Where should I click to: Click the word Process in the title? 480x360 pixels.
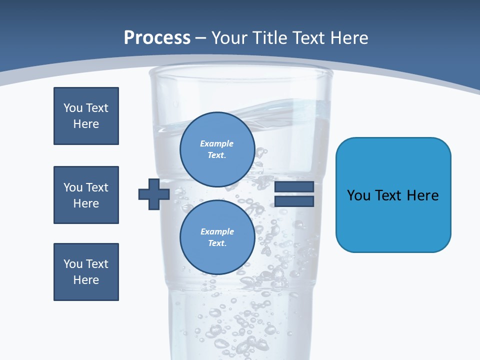click(x=157, y=38)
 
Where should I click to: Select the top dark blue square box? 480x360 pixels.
click(x=86, y=116)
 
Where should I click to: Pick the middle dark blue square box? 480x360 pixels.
click(x=86, y=195)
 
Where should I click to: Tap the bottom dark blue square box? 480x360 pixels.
click(x=86, y=272)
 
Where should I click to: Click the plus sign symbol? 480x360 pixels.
click(x=154, y=194)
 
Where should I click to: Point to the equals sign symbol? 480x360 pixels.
click(x=294, y=194)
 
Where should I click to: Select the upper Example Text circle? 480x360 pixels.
click(x=216, y=146)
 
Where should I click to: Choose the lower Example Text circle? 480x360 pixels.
click(x=217, y=237)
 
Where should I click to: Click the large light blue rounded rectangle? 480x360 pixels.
click(x=393, y=195)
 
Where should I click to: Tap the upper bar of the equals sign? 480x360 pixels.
click(x=294, y=187)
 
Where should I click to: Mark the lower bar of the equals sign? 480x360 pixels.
click(x=294, y=201)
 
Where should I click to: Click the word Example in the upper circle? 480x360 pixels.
click(x=216, y=143)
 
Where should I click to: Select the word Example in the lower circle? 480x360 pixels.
click(x=217, y=231)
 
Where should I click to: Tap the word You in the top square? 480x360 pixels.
click(x=72, y=108)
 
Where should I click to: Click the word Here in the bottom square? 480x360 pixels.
click(x=86, y=280)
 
